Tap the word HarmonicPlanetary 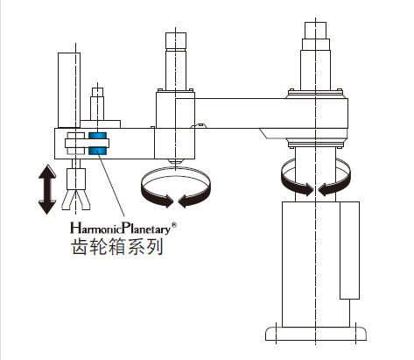click(x=120, y=229)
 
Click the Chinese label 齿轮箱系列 click(x=117, y=247)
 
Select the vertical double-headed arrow click(x=47, y=189)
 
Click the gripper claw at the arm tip click(x=76, y=200)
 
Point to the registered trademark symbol click(x=173, y=225)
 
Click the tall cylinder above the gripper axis click(x=69, y=90)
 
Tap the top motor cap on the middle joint click(x=176, y=40)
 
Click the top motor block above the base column click(x=315, y=31)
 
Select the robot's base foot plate click(x=316, y=334)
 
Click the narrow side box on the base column click(x=349, y=251)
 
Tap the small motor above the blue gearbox click(x=97, y=103)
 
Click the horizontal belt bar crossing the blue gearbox click(x=87, y=143)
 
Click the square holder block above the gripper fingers click(x=76, y=179)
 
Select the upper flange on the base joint click(x=315, y=94)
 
